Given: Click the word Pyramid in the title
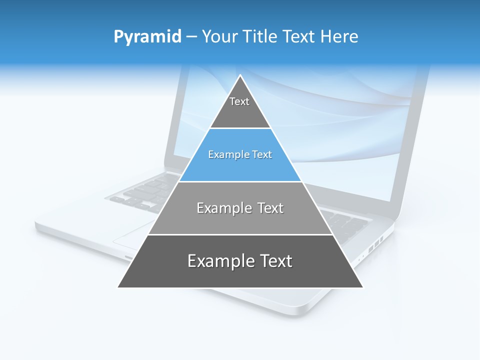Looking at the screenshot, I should click(x=147, y=36).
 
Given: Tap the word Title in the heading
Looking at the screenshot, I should click(x=261, y=36).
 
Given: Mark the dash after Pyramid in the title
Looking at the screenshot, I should click(x=191, y=37).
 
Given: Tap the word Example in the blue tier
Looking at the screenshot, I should click(x=223, y=155).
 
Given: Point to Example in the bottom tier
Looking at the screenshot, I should click(x=216, y=261).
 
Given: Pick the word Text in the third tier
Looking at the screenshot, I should click(x=270, y=208).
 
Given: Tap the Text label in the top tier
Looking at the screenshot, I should click(x=239, y=101).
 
